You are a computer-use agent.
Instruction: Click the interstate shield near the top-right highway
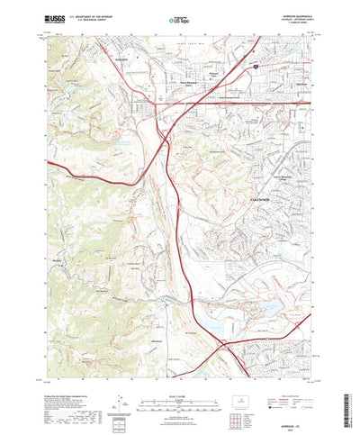255,66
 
